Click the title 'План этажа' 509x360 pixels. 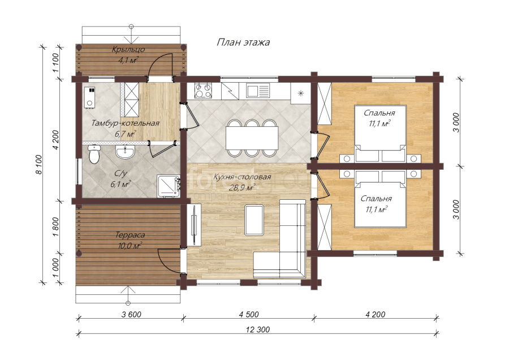(x=243, y=42)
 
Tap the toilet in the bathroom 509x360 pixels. (x=94, y=154)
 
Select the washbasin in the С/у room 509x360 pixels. (x=125, y=151)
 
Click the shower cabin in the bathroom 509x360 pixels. (x=168, y=186)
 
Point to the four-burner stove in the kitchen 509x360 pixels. (x=203, y=90)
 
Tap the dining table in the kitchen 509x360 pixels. (x=252, y=138)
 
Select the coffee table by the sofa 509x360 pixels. (x=254, y=220)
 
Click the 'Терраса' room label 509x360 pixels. (x=130, y=234)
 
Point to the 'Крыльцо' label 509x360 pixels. (x=128, y=50)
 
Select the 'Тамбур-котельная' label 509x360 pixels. (x=126, y=123)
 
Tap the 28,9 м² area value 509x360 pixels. (x=242, y=188)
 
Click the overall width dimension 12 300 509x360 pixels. (x=258, y=329)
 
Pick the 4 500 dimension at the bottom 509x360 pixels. (x=249, y=314)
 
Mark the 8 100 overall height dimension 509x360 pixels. (x=39, y=165)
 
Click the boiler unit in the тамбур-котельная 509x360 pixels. (x=89, y=97)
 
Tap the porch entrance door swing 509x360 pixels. (x=159, y=67)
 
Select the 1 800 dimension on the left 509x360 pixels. (x=55, y=227)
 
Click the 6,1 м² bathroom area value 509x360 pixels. (x=120, y=185)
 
